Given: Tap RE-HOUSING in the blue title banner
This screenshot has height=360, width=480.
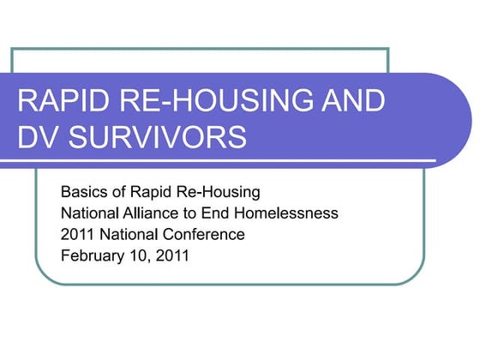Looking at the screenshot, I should pyautogui.click(x=204, y=100).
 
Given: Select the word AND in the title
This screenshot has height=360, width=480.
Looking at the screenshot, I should pyautogui.click(x=346, y=100).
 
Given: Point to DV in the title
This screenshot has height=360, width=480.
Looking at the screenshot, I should pyautogui.click(x=36, y=136).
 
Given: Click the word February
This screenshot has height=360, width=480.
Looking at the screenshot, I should pyautogui.click(x=92, y=255).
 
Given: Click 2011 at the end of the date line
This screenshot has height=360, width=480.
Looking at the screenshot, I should pyautogui.click(x=171, y=255).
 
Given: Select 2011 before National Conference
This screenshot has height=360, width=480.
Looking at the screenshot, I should pyautogui.click(x=77, y=233).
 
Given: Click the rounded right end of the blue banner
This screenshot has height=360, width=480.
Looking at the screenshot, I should pyautogui.click(x=459, y=120).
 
